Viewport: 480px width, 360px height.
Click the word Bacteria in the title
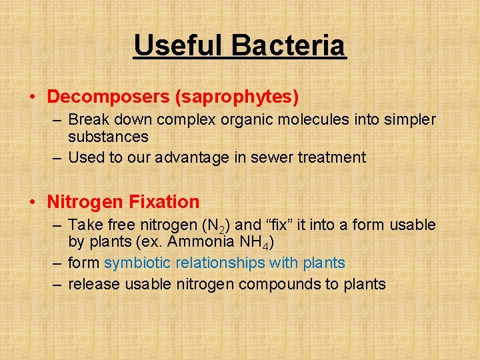tap(289, 45)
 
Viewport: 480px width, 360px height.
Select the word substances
tap(108, 137)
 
